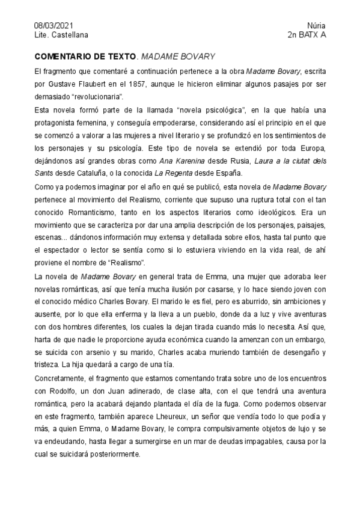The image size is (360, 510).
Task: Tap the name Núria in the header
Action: (x=316, y=26)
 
